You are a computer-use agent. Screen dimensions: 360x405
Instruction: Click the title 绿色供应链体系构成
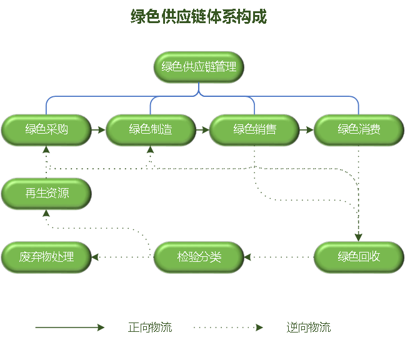pyautogui.click(x=199, y=17)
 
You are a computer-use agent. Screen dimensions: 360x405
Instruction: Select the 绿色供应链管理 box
pyautogui.click(x=199, y=67)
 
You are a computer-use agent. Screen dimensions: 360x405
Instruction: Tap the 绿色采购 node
pyautogui.click(x=46, y=130)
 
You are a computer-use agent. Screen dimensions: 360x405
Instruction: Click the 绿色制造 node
pyautogui.click(x=151, y=130)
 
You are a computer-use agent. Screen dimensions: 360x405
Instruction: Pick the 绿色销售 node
pyautogui.click(x=254, y=130)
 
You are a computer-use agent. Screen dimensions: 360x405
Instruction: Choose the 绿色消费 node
pyautogui.click(x=359, y=130)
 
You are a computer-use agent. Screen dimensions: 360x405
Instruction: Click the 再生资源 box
pyautogui.click(x=46, y=194)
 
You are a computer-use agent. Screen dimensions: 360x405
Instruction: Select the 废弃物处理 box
pyautogui.click(x=46, y=257)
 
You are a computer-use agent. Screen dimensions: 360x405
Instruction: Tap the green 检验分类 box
pyautogui.click(x=199, y=257)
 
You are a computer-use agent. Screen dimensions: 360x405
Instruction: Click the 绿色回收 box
pyautogui.click(x=359, y=257)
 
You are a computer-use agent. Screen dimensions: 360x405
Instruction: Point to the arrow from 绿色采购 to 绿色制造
pyautogui.click(x=98, y=131)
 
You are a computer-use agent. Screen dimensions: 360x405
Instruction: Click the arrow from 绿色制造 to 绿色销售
pyautogui.click(x=202, y=131)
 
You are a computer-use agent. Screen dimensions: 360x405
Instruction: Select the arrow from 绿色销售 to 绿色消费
pyautogui.click(x=306, y=131)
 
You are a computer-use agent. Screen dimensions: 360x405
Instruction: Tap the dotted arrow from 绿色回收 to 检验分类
pyautogui.click(x=278, y=257)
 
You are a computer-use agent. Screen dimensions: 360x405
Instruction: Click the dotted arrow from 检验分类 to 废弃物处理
pyautogui.click(x=122, y=257)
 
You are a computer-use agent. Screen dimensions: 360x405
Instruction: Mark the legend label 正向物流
pyautogui.click(x=150, y=327)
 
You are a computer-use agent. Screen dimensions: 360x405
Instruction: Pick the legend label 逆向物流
pyautogui.click(x=309, y=327)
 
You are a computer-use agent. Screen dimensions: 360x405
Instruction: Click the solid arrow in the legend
pyautogui.click(x=70, y=327)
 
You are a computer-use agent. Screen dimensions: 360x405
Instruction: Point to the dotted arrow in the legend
pyautogui.click(x=228, y=327)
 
